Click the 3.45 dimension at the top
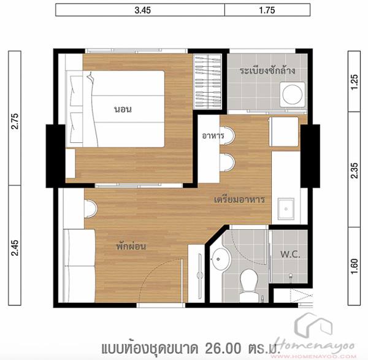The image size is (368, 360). coord(143,10)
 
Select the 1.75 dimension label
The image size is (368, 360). coord(267,10)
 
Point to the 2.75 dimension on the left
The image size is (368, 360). coord(15,121)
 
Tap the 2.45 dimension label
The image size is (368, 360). coord(15,248)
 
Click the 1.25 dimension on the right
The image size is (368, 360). coord(354,82)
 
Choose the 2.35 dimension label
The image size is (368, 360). coord(354,170)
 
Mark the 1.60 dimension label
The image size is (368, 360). coord(354,266)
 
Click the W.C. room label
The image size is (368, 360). coord(290,254)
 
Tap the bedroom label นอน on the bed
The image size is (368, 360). coord(123,109)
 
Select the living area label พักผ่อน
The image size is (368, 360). coord(131,246)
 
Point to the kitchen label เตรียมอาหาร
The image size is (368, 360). coord(239,199)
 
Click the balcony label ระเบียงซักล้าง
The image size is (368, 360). coord(267,70)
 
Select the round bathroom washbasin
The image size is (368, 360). coord(220,259)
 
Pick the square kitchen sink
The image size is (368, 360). coord(286,209)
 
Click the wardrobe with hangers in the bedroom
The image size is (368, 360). coord(207,82)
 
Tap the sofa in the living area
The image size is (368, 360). coord(79,266)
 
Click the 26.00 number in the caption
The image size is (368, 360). coord(223,348)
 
